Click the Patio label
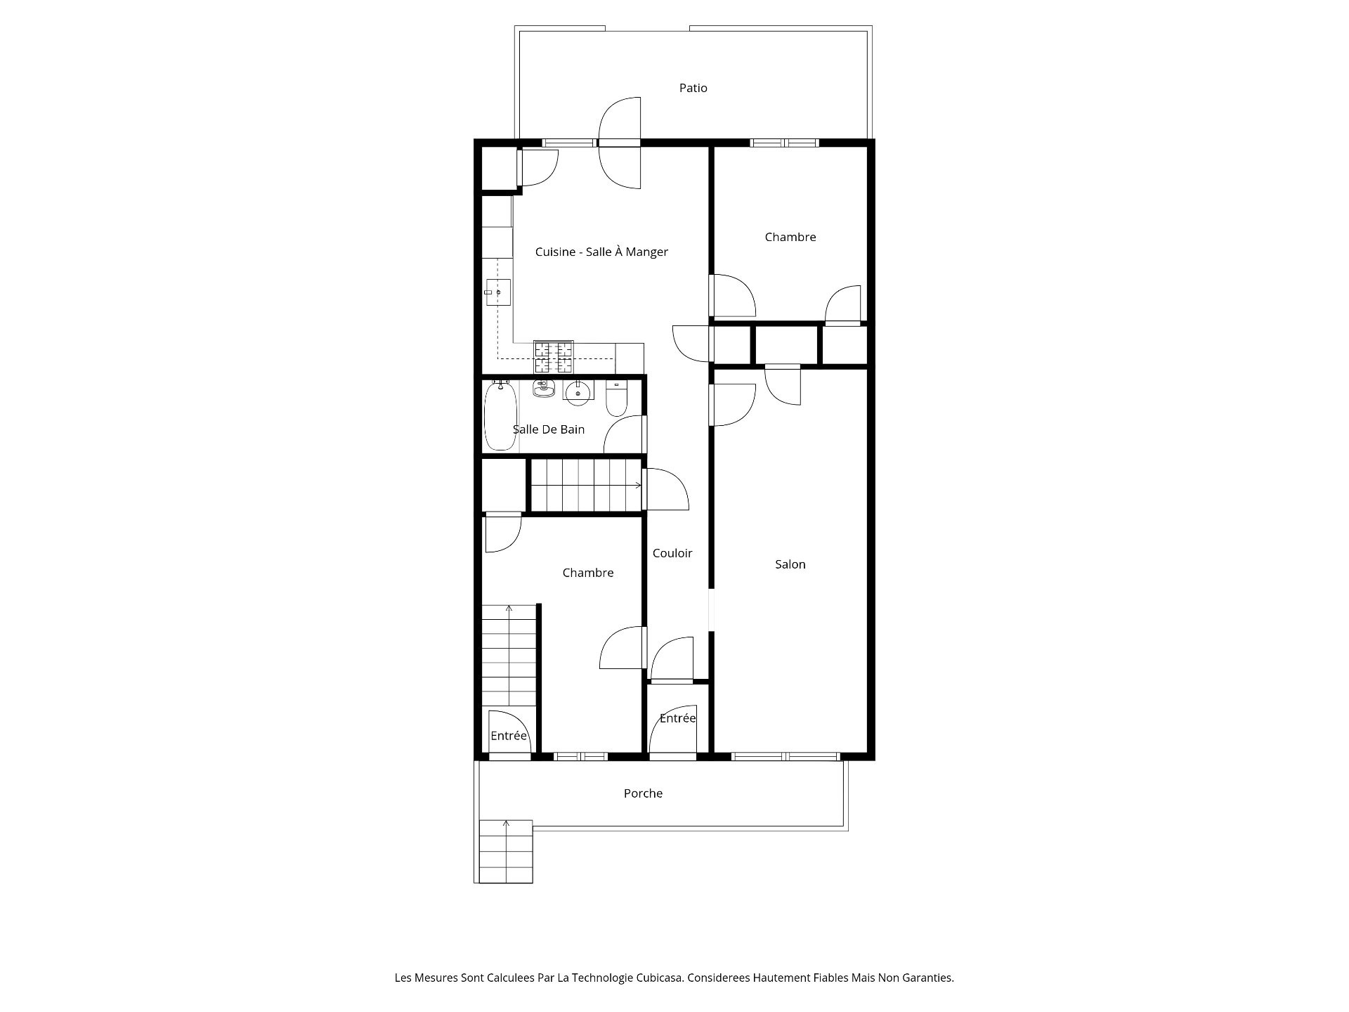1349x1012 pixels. coord(693,88)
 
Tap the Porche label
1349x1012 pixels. coord(643,793)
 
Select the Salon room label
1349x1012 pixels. coord(790,564)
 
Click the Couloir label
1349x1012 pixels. coord(672,553)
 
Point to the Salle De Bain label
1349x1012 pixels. coord(548,429)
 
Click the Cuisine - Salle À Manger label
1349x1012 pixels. coord(601,252)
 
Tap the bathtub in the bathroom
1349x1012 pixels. coord(500,415)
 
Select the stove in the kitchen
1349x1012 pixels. coord(554,357)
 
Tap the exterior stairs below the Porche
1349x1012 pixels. coord(506,851)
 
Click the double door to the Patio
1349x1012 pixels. coord(620,143)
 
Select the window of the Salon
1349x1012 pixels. coord(786,756)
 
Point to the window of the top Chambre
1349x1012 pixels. coord(784,143)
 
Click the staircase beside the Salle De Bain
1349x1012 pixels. coord(586,485)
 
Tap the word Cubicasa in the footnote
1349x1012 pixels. coord(660,978)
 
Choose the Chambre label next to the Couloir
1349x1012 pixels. coord(588,573)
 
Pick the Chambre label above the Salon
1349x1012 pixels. coord(790,237)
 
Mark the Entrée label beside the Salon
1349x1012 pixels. coord(677,718)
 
